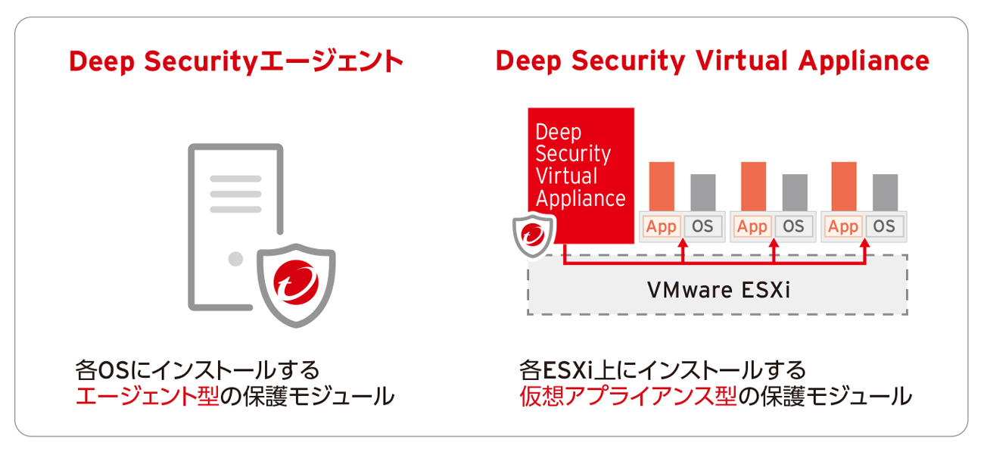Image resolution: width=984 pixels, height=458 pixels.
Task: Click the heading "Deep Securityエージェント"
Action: point(236,61)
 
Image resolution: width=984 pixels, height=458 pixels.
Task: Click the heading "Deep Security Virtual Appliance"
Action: point(712,61)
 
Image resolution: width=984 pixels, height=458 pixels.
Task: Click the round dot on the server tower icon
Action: point(235,259)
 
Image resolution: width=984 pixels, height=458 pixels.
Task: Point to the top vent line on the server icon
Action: point(235,179)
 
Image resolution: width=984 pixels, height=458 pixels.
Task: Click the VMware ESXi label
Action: point(718,290)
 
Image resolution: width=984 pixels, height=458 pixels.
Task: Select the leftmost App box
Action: point(661,226)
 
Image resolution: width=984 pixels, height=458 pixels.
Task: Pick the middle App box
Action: point(752,226)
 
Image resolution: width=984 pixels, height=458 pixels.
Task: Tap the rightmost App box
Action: point(842,226)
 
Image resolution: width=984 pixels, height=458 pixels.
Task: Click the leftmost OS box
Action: point(702,226)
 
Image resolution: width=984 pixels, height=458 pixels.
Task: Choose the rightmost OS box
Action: point(884,226)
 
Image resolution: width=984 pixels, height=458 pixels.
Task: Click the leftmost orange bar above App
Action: point(661,185)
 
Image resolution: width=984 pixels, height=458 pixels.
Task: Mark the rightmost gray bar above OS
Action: point(885,192)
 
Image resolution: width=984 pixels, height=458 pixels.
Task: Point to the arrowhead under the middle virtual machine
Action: point(774,247)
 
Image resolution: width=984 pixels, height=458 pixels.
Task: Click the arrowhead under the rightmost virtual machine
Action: point(864,247)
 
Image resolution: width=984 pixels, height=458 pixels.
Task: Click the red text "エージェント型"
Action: point(148,396)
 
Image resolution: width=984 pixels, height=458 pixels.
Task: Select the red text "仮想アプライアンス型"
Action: point(627,396)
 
